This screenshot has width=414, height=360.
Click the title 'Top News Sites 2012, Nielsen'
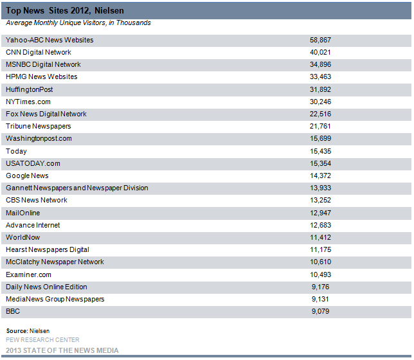[x=65, y=10]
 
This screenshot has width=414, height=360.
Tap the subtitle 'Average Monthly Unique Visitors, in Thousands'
[x=78, y=22]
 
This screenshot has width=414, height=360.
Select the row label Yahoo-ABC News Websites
[x=50, y=40]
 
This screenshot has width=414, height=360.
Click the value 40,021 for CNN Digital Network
[x=320, y=52]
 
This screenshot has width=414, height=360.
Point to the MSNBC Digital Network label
[x=43, y=64]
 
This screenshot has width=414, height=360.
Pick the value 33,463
[x=320, y=76]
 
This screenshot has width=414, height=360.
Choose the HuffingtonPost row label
[x=30, y=89]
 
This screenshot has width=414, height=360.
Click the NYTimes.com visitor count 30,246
[x=320, y=102]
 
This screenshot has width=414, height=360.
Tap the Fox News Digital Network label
[x=46, y=114]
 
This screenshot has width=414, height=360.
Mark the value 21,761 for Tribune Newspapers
[x=320, y=126]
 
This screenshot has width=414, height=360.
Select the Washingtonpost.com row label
[x=39, y=139]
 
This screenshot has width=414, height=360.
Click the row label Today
[x=16, y=151]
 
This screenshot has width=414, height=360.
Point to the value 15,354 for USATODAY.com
[x=320, y=163]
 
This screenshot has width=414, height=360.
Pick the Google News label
[x=27, y=176]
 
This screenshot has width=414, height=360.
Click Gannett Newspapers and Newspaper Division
[x=77, y=188]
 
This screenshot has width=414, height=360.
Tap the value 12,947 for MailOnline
[x=320, y=213]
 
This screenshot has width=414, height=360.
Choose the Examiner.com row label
[x=28, y=274]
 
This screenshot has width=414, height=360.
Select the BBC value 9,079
[x=320, y=311]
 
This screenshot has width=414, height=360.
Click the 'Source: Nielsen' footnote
[x=28, y=331]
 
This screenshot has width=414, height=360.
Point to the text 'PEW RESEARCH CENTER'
[x=42, y=340]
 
